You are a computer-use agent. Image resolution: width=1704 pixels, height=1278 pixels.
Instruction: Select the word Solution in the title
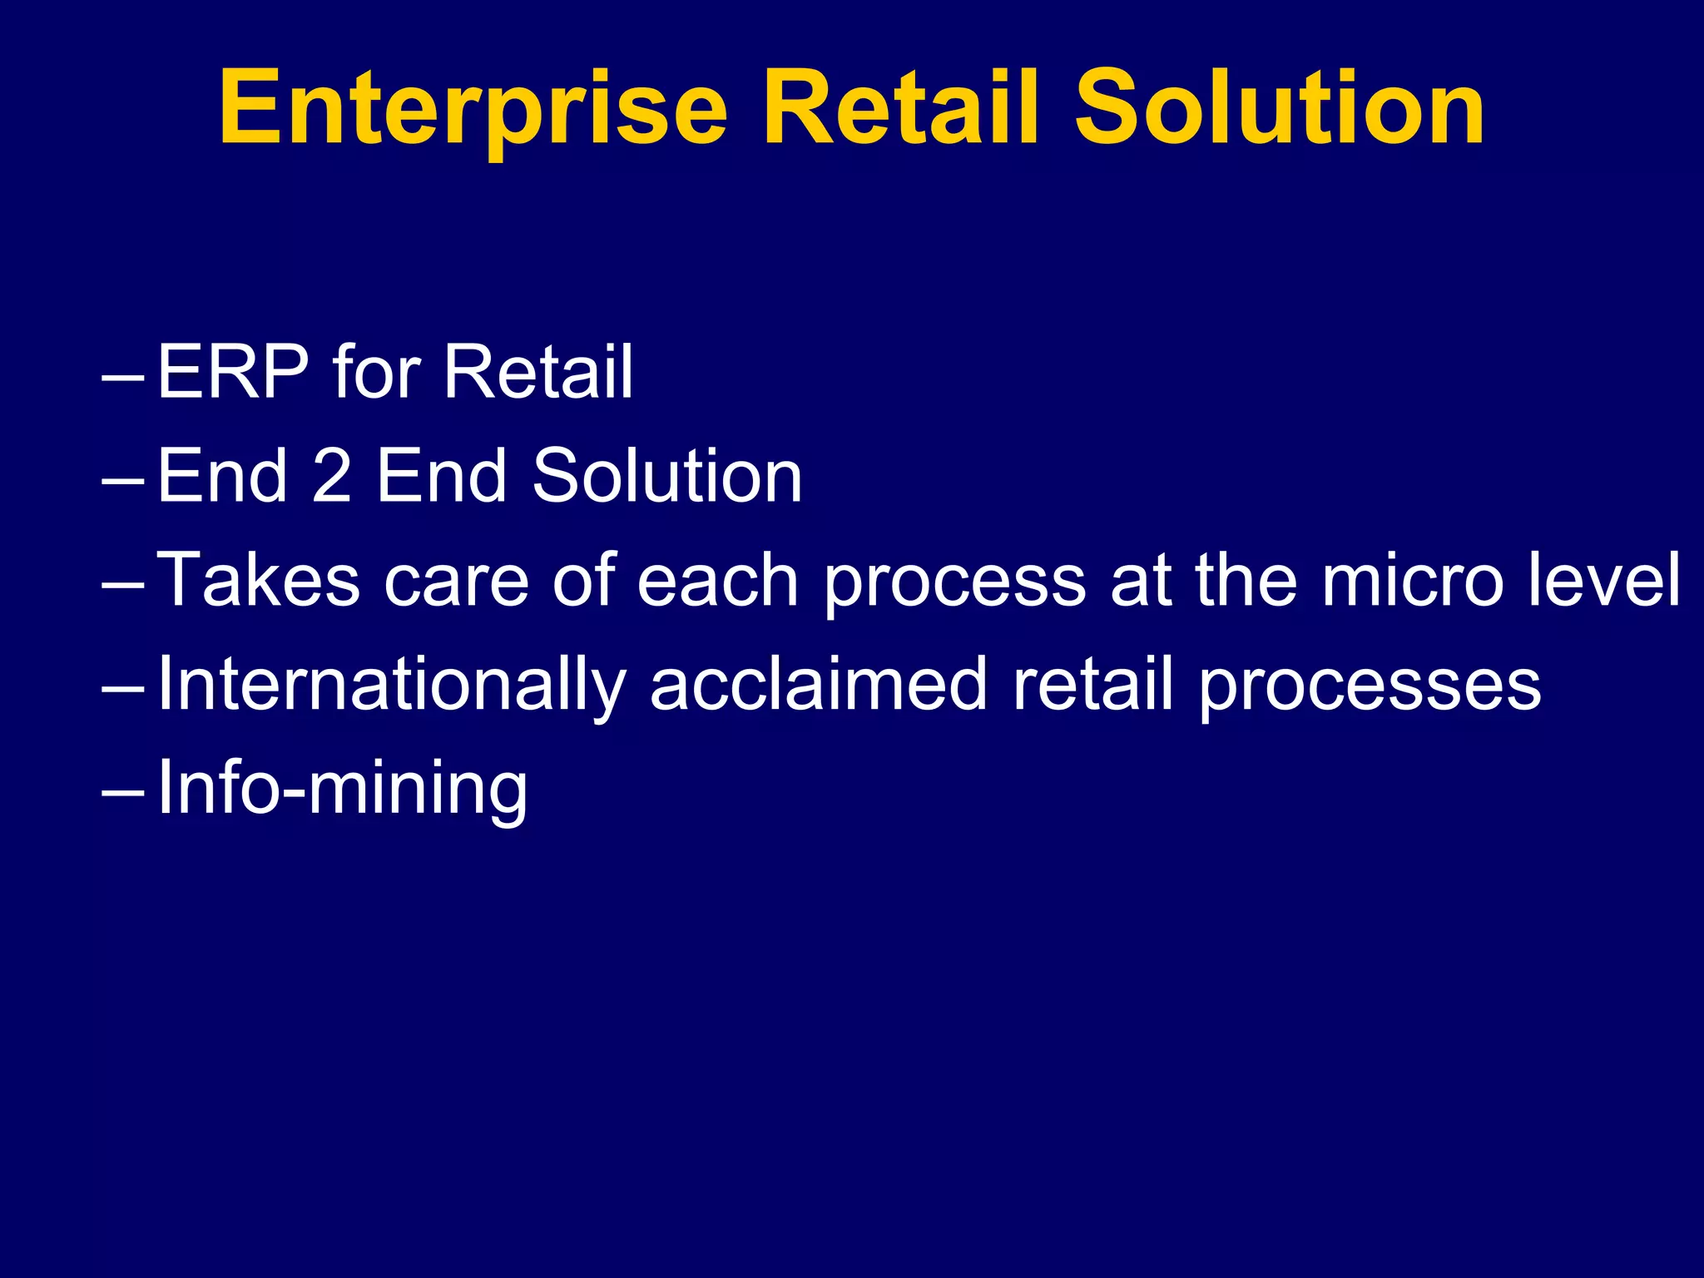(x=1279, y=108)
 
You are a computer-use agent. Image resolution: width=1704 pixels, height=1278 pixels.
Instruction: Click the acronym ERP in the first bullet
(x=233, y=372)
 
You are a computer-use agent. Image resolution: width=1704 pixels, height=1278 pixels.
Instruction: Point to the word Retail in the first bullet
(x=537, y=372)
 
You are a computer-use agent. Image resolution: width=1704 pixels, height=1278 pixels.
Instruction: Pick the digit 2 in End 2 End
(x=331, y=476)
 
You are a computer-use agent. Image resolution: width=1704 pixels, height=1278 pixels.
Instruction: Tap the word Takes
(x=258, y=580)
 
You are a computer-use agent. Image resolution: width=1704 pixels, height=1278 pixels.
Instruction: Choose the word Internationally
(x=391, y=685)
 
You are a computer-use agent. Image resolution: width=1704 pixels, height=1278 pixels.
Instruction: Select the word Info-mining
(x=342, y=789)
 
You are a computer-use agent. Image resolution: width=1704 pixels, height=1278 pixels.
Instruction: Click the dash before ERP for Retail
(x=122, y=378)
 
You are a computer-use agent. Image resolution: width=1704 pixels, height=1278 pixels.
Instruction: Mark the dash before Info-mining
(x=122, y=795)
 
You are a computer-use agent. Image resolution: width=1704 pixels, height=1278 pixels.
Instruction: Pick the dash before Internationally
(x=122, y=691)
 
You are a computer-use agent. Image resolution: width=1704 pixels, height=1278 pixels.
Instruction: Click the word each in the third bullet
(x=717, y=580)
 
